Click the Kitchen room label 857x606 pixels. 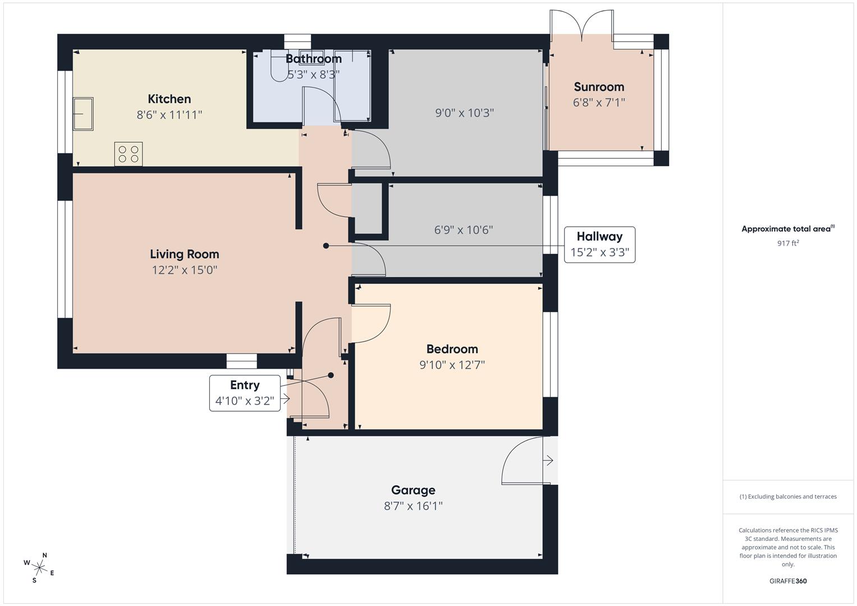pos(169,99)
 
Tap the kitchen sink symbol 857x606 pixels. pos(83,114)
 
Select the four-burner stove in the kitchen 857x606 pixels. pos(129,154)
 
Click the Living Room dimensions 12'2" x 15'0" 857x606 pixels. pos(184,270)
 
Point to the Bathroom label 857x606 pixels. pos(313,59)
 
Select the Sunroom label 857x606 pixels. pos(599,87)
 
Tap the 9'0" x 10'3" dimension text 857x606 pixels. pos(464,113)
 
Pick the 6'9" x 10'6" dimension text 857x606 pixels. pos(463,230)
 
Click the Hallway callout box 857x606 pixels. pos(599,245)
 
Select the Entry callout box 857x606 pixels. pos(245,393)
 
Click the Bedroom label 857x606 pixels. pos(452,349)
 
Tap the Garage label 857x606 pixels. pos(413,490)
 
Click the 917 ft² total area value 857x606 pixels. pos(787,243)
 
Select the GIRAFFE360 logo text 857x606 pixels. pos(787,581)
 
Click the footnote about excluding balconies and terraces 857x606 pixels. pos(787,497)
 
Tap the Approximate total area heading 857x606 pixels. pos(787,229)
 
